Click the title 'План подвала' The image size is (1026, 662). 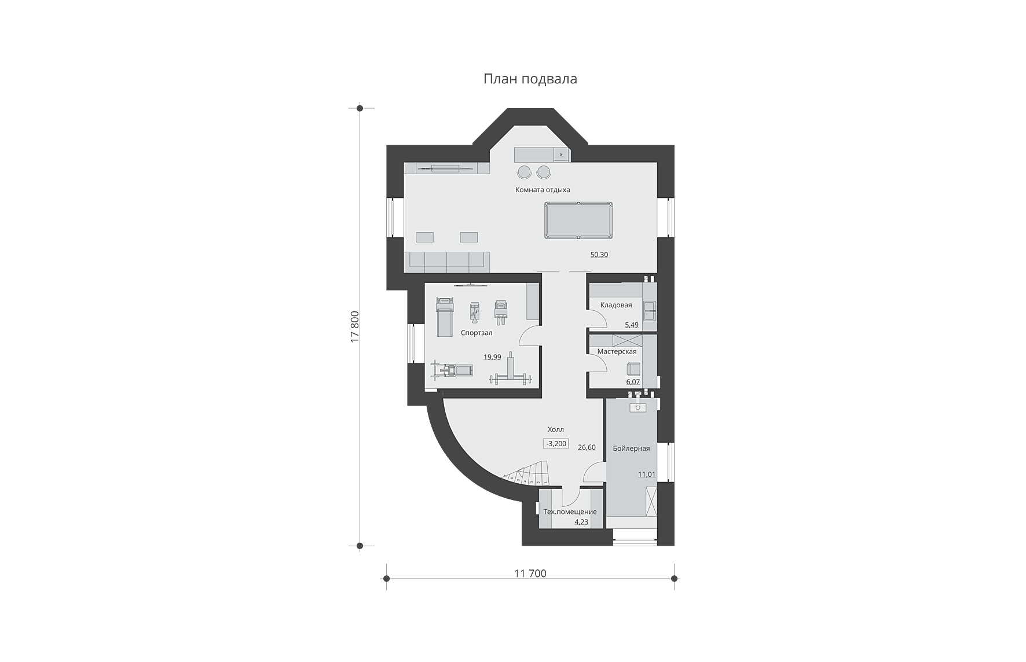[x=530, y=79]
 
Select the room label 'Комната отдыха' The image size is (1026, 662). [x=543, y=190]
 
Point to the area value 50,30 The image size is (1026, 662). [x=599, y=255]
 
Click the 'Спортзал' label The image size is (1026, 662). [x=477, y=333]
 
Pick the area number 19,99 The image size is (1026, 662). [x=493, y=357]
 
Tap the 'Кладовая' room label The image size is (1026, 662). [x=616, y=305]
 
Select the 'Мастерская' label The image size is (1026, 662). [x=617, y=351]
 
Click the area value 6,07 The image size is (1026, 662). [x=632, y=382]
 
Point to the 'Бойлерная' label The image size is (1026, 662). [x=631, y=448]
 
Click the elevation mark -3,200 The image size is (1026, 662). [x=556, y=444]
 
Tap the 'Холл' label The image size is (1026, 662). [x=556, y=430]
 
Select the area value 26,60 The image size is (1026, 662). [x=587, y=447]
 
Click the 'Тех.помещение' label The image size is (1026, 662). [x=570, y=512]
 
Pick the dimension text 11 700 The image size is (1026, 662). [x=530, y=573]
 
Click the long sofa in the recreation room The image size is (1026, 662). [x=447, y=262]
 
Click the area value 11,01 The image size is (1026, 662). [x=647, y=475]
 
